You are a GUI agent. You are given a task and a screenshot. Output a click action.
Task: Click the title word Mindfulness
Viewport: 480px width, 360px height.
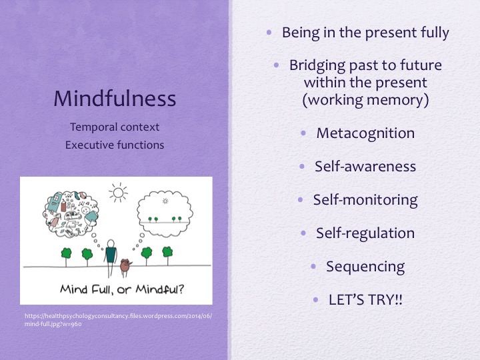tap(115, 99)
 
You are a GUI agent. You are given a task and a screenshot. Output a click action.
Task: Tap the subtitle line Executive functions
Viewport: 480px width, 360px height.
tap(115, 144)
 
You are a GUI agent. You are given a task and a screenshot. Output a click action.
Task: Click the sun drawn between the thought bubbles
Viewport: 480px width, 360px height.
tap(119, 194)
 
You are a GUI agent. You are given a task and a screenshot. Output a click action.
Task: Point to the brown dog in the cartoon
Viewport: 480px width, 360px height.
tap(124, 267)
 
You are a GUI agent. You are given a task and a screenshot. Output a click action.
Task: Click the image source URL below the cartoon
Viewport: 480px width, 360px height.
tap(116, 319)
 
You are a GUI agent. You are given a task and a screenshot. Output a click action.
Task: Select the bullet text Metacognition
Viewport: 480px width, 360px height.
tap(365, 133)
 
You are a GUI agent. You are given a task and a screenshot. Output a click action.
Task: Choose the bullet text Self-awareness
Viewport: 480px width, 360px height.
tap(365, 166)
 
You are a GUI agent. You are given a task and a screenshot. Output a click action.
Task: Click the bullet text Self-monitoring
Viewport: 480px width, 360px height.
tap(365, 199)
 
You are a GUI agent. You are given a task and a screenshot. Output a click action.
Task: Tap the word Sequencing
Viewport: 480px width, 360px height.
tap(365, 266)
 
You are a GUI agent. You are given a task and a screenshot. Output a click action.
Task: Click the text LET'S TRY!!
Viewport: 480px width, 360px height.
tap(365, 299)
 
